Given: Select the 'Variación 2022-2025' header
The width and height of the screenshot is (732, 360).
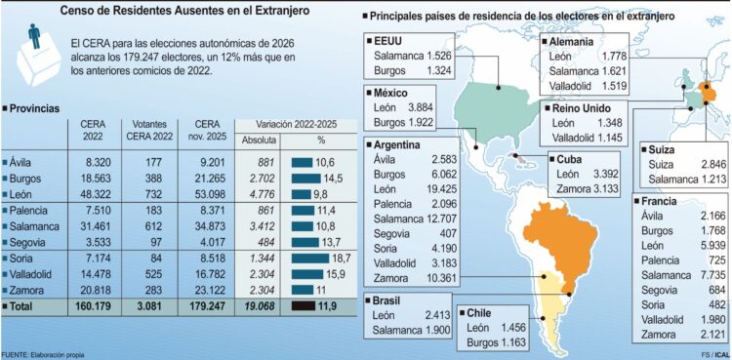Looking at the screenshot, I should point(297,125).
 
